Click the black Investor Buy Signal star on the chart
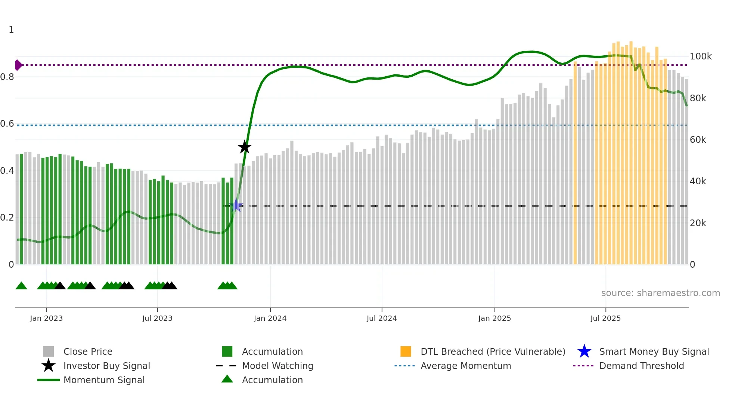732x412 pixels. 245,147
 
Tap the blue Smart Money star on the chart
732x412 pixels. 236,205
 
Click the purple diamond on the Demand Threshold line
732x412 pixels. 18,65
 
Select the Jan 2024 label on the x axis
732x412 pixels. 270,318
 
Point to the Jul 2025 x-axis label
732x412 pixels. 605,318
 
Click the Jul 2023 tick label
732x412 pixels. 157,318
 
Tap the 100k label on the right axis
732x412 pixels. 701,56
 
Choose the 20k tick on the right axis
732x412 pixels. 698,223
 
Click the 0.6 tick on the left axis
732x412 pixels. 7,124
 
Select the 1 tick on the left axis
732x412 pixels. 11,30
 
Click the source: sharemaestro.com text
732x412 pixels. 660,293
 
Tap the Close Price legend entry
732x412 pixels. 88,351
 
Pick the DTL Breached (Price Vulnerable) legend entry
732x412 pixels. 493,351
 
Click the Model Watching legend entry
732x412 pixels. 277,366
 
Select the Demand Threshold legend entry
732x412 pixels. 641,366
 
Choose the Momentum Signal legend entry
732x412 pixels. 104,380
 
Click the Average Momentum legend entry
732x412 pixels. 466,366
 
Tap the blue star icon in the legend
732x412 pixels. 584,351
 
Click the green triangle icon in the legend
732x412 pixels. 227,379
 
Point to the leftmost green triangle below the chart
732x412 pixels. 21,286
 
